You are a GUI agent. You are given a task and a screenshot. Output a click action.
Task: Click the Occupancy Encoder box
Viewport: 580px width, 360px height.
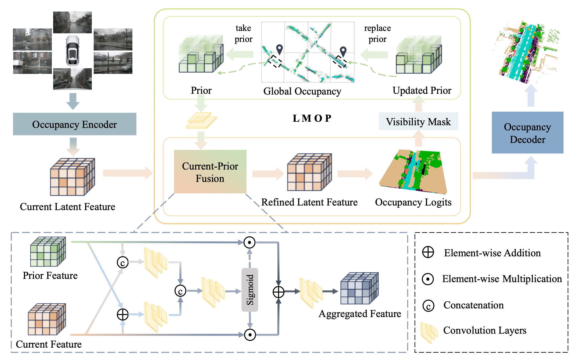point(74,124)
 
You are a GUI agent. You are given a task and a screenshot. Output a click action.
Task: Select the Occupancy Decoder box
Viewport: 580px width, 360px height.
point(527,133)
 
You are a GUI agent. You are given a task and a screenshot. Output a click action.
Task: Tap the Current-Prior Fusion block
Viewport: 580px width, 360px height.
point(210,172)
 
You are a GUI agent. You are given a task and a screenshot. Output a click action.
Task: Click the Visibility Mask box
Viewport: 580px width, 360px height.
point(418,122)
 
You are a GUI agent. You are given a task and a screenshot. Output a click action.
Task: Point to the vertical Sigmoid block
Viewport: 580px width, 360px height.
point(250,290)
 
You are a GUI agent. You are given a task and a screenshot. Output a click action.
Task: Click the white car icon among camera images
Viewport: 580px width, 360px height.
point(73,51)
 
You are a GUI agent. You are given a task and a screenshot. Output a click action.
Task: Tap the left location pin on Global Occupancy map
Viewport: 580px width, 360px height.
point(280,49)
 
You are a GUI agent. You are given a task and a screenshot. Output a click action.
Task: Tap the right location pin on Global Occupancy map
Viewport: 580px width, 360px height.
point(343,51)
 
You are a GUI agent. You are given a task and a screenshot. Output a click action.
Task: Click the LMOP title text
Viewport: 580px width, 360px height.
point(312,118)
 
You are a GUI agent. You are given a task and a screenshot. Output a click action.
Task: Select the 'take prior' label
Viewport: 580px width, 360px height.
point(244,34)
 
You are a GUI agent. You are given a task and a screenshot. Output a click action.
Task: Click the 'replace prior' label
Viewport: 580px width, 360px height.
point(377,34)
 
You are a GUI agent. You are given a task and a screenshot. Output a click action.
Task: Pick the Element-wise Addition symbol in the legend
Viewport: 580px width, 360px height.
point(428,252)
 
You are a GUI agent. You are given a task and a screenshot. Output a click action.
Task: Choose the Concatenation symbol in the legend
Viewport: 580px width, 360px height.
point(428,306)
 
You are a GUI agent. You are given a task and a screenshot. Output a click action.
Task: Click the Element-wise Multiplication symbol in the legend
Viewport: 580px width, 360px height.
point(428,279)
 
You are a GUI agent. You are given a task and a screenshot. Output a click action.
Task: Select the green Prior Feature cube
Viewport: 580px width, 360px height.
point(48,251)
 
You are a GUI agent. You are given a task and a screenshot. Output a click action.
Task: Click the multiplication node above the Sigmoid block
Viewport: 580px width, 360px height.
point(249,242)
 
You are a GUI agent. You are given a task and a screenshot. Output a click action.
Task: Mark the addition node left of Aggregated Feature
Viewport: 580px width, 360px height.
point(278,292)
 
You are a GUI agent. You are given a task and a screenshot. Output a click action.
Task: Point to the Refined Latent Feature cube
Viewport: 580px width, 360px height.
point(309,172)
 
